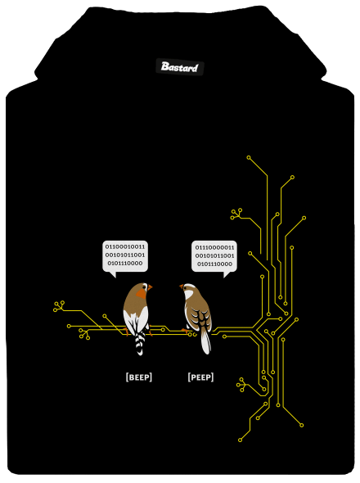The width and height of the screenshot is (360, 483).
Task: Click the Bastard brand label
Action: point(179,67)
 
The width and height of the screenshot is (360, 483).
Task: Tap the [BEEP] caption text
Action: point(139,377)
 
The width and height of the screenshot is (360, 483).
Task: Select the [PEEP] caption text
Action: point(200,377)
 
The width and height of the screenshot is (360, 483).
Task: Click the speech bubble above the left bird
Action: point(125,256)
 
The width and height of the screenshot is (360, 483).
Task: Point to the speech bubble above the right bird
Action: point(214,257)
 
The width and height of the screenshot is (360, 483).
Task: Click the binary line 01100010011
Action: point(125,246)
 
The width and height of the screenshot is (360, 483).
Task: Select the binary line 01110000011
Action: point(214,247)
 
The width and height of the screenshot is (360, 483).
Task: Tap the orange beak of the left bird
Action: point(150,287)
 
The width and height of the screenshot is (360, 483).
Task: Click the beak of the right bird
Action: point(182,287)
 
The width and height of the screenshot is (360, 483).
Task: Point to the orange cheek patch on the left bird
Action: point(142,294)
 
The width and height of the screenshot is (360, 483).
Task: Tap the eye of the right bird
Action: point(186,287)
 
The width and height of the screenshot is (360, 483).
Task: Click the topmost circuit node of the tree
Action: point(249,158)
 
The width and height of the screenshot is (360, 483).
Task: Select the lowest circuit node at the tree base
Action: point(241,440)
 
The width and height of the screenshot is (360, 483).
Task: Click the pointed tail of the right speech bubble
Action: point(227,275)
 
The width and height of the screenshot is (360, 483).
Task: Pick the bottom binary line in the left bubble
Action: point(125,264)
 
